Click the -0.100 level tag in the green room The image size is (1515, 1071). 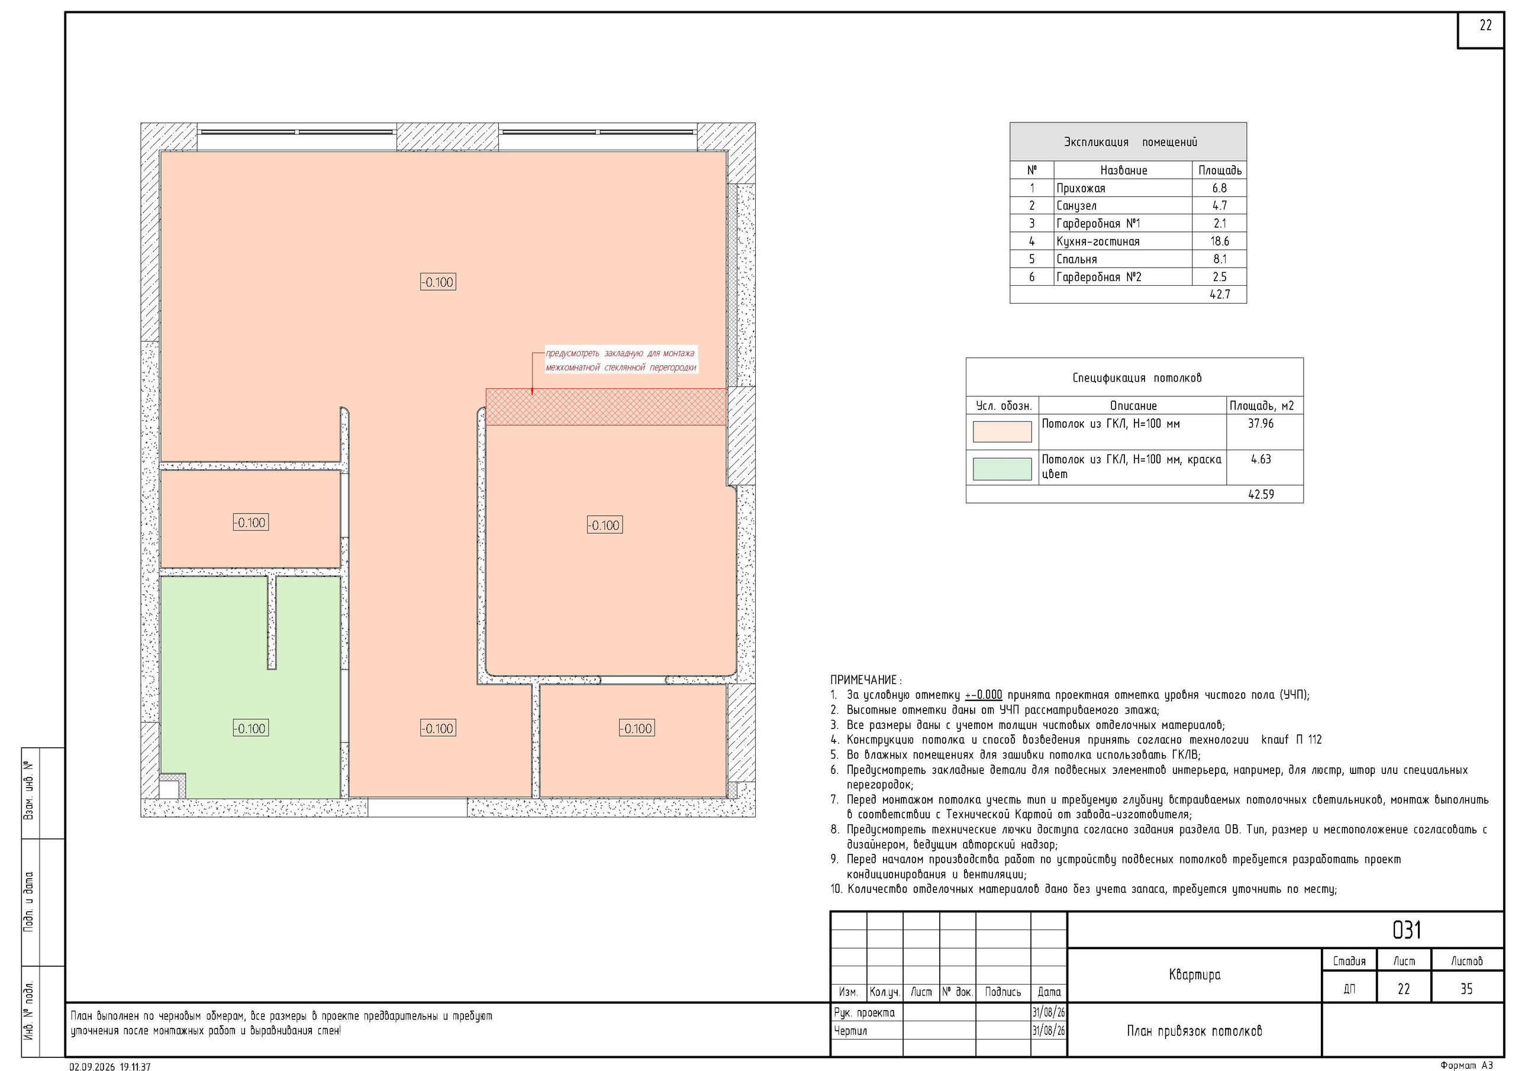click(250, 728)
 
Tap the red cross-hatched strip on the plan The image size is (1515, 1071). click(606, 407)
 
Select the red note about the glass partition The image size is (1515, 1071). click(620, 360)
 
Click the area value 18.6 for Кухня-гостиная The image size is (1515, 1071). click(1219, 241)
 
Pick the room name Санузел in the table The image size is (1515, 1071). click(1076, 206)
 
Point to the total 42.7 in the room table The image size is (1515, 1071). click(1219, 294)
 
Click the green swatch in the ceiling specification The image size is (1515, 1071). click(1002, 469)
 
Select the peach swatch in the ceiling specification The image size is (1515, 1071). click(1002, 432)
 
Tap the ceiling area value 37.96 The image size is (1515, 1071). click(1261, 424)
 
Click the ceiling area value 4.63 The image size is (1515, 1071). click(1261, 459)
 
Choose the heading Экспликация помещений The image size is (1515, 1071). click(1130, 142)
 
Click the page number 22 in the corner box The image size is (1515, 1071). click(1485, 25)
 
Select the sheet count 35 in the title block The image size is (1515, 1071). click(1466, 989)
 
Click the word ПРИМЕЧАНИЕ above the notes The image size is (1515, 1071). click(864, 680)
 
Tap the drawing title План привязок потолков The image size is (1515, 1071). click(1194, 1031)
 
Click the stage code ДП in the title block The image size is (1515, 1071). click(1349, 989)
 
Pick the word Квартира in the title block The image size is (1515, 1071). click(1194, 975)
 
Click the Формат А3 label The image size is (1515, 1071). click(1466, 1065)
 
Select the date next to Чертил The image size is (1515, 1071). click(1049, 1031)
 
